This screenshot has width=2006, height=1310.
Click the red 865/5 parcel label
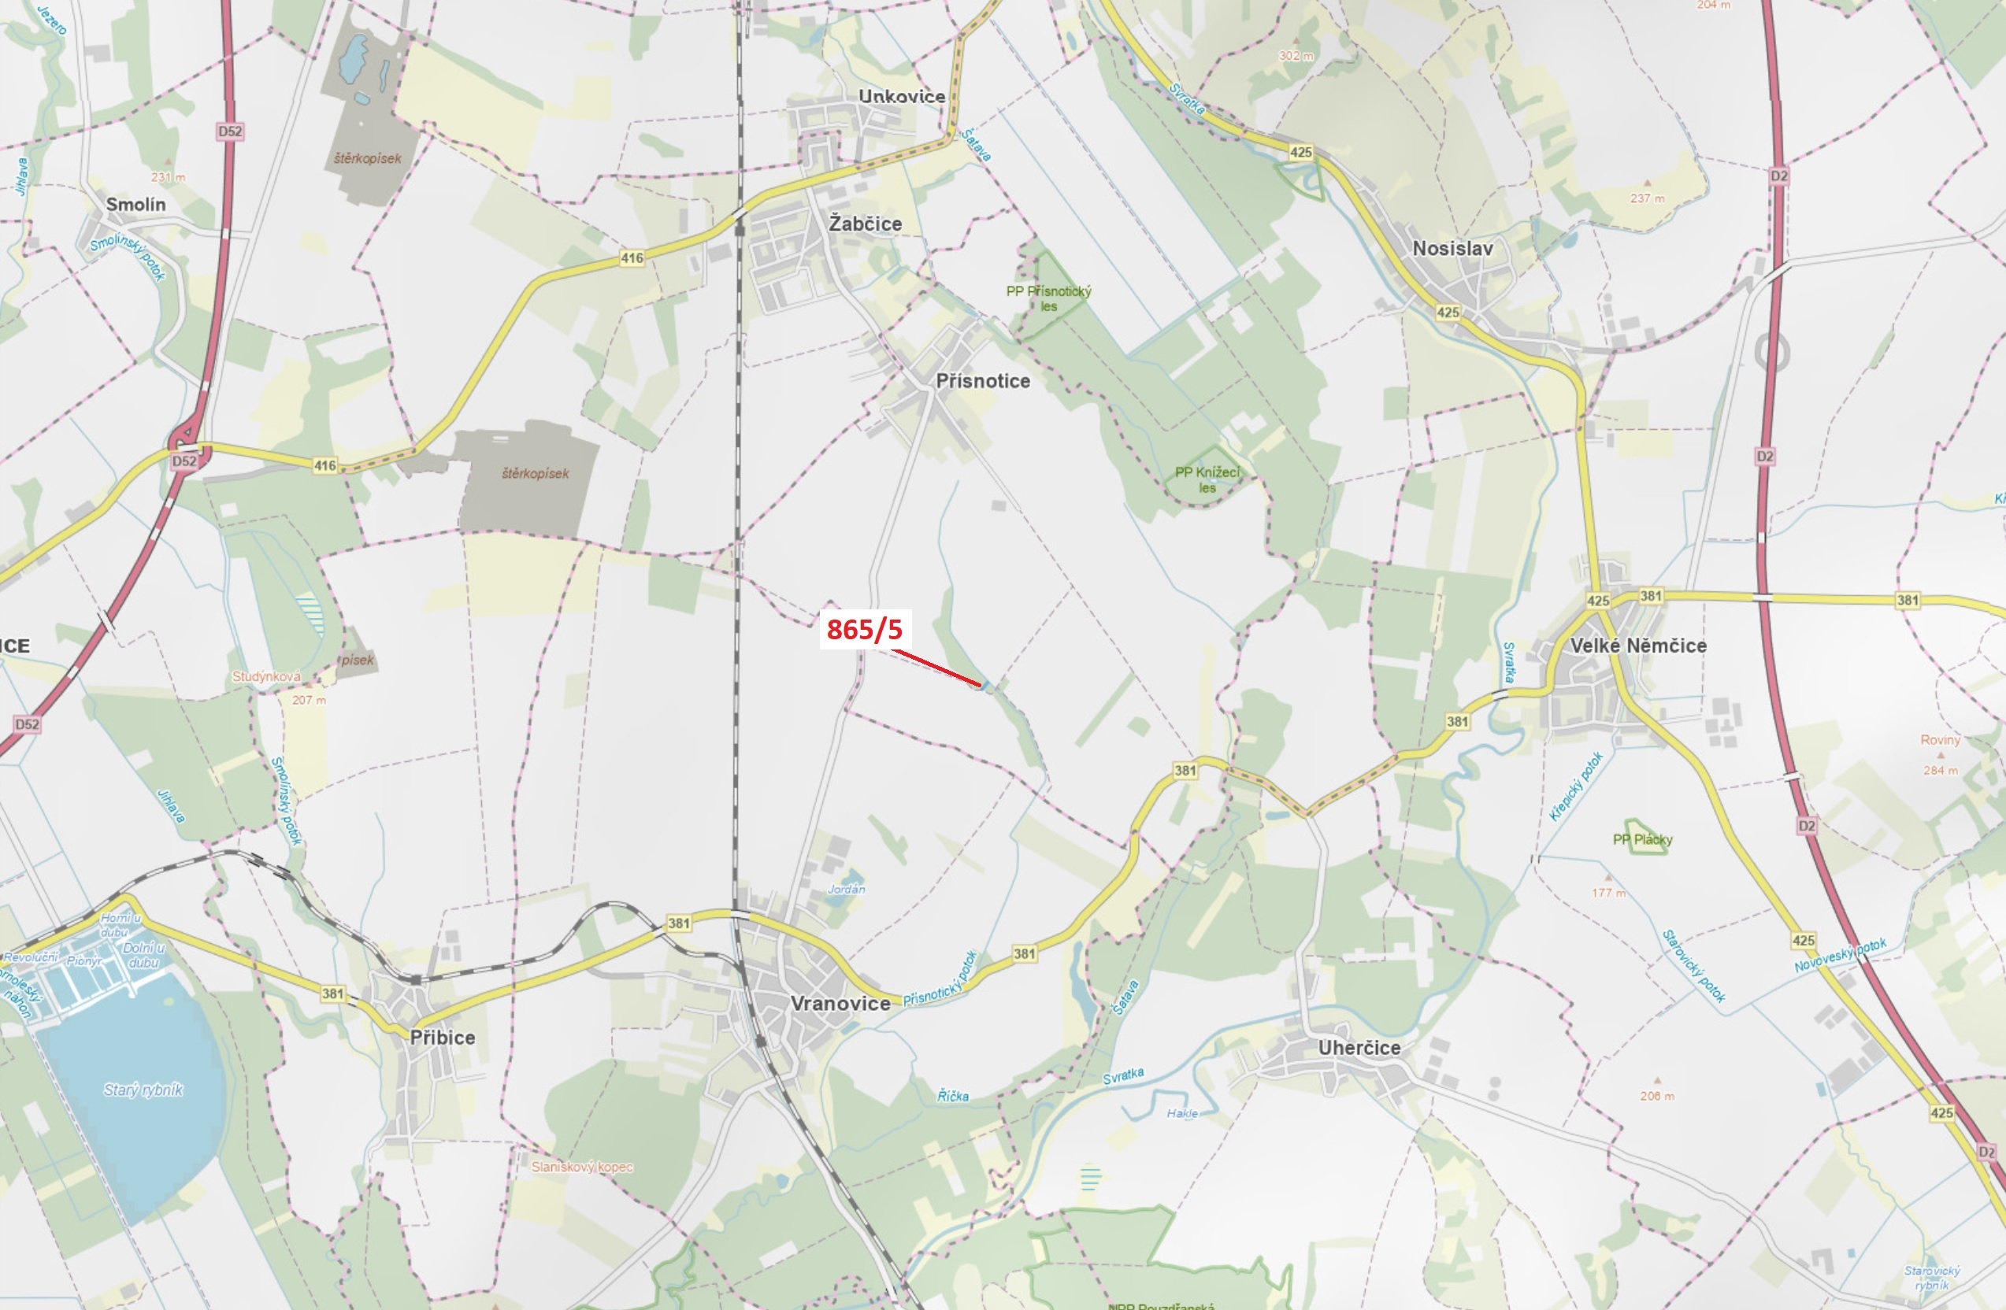pyautogui.click(x=864, y=629)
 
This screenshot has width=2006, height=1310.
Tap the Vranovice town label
pyautogui.click(x=840, y=1003)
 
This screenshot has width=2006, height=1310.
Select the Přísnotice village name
pyautogui.click(x=983, y=381)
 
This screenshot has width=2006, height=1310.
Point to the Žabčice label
pyautogui.click(x=865, y=224)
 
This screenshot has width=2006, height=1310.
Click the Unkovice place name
pyautogui.click(x=901, y=96)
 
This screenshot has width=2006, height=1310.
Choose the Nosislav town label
pyautogui.click(x=1452, y=249)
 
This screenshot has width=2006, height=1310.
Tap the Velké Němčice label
pyautogui.click(x=1637, y=646)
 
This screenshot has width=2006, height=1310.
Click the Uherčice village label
pyautogui.click(x=1359, y=1047)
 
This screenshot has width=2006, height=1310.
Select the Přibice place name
pyautogui.click(x=443, y=1037)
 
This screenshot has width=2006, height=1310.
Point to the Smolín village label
pyautogui.click(x=135, y=204)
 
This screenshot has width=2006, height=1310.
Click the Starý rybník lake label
pyautogui.click(x=143, y=1090)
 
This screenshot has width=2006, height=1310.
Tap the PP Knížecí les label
pyautogui.click(x=1207, y=479)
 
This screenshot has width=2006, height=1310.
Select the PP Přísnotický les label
pyautogui.click(x=1048, y=298)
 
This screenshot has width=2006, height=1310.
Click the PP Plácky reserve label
pyautogui.click(x=1642, y=839)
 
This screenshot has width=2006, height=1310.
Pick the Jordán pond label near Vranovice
pyautogui.click(x=846, y=889)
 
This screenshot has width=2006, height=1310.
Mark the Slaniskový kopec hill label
pyautogui.click(x=581, y=1167)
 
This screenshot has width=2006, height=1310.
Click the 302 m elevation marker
pyautogui.click(x=1296, y=56)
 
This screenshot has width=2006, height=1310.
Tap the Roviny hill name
pyautogui.click(x=1941, y=740)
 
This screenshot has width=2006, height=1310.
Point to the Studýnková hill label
pyautogui.click(x=266, y=676)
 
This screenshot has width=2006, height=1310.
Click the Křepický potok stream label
pyautogui.click(x=1575, y=786)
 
